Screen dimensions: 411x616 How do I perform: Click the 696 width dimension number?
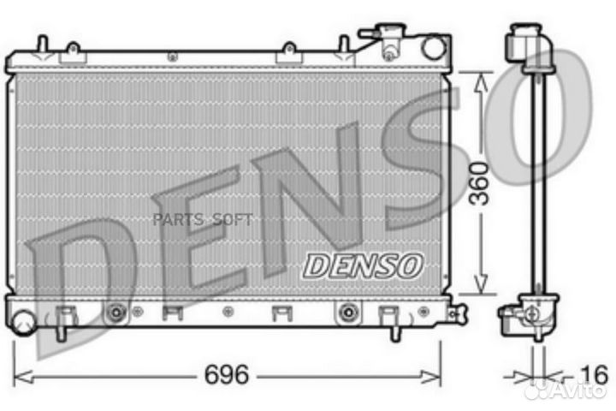pos(226,374)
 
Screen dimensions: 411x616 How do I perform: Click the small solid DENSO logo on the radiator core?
pos(363,265)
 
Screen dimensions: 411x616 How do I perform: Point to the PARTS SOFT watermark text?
pos(202,220)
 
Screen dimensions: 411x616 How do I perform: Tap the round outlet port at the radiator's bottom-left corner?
pos(23,323)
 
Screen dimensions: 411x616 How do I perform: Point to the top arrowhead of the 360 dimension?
pos(481,79)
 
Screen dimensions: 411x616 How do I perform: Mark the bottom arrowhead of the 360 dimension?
pos(481,287)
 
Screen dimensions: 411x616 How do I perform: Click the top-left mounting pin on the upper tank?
pos(40,44)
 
